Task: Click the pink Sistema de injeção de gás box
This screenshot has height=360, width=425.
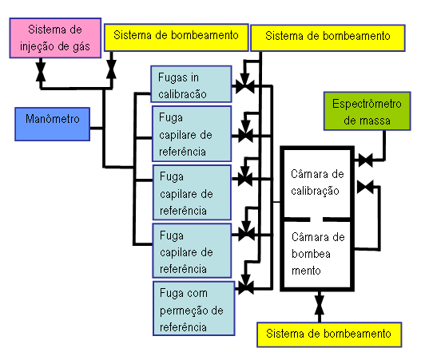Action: pos(55,38)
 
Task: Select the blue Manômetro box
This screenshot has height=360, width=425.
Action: pos(52,124)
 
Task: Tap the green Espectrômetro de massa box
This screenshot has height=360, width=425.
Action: pos(367,111)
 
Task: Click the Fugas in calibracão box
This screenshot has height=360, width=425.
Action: pos(191,84)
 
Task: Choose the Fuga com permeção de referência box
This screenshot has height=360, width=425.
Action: pos(194,309)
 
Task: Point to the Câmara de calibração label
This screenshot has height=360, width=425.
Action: pos(317,182)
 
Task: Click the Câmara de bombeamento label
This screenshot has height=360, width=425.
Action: pos(318,254)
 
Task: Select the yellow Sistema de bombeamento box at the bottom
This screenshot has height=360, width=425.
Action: pos(329,334)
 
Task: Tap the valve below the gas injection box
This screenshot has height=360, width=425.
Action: pos(41,72)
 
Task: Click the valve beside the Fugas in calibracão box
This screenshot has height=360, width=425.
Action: pos(245,87)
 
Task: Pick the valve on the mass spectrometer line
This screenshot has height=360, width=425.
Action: pos(365,160)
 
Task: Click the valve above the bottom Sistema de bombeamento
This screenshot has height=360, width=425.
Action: pos(320,305)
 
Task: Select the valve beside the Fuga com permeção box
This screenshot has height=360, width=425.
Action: pos(246,287)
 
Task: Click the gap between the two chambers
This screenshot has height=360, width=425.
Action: pos(316,220)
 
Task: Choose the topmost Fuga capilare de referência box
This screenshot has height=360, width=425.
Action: pos(192,134)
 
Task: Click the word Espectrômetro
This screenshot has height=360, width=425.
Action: pos(367,104)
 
